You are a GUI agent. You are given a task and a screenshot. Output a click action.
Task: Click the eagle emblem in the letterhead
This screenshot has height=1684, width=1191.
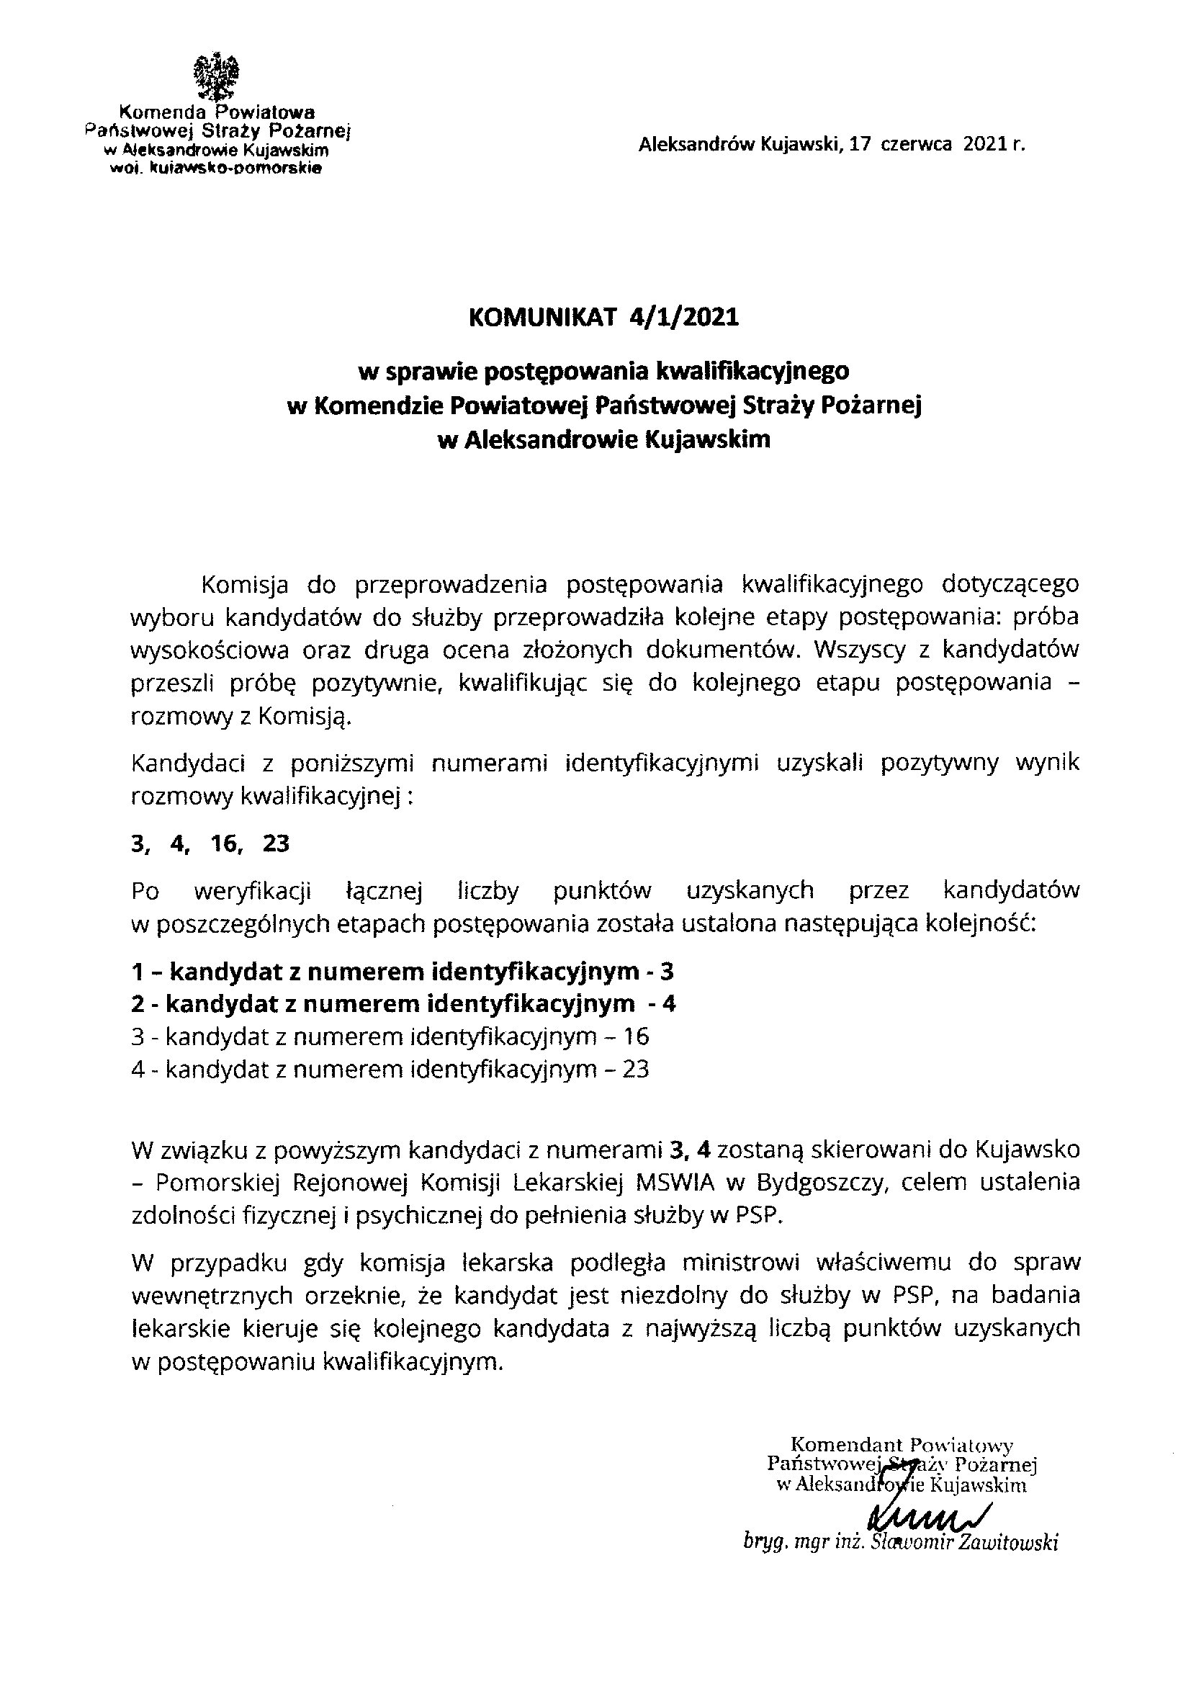(x=215, y=77)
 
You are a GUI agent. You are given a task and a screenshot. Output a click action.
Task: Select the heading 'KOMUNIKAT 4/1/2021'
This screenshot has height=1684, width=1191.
(x=603, y=317)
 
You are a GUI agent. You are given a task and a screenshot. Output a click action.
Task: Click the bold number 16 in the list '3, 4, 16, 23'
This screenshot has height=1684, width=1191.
(x=225, y=844)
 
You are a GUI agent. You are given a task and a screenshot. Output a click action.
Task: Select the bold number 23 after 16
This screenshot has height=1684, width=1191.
(x=276, y=844)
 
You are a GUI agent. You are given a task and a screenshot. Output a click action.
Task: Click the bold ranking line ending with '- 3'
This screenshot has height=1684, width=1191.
(x=402, y=972)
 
